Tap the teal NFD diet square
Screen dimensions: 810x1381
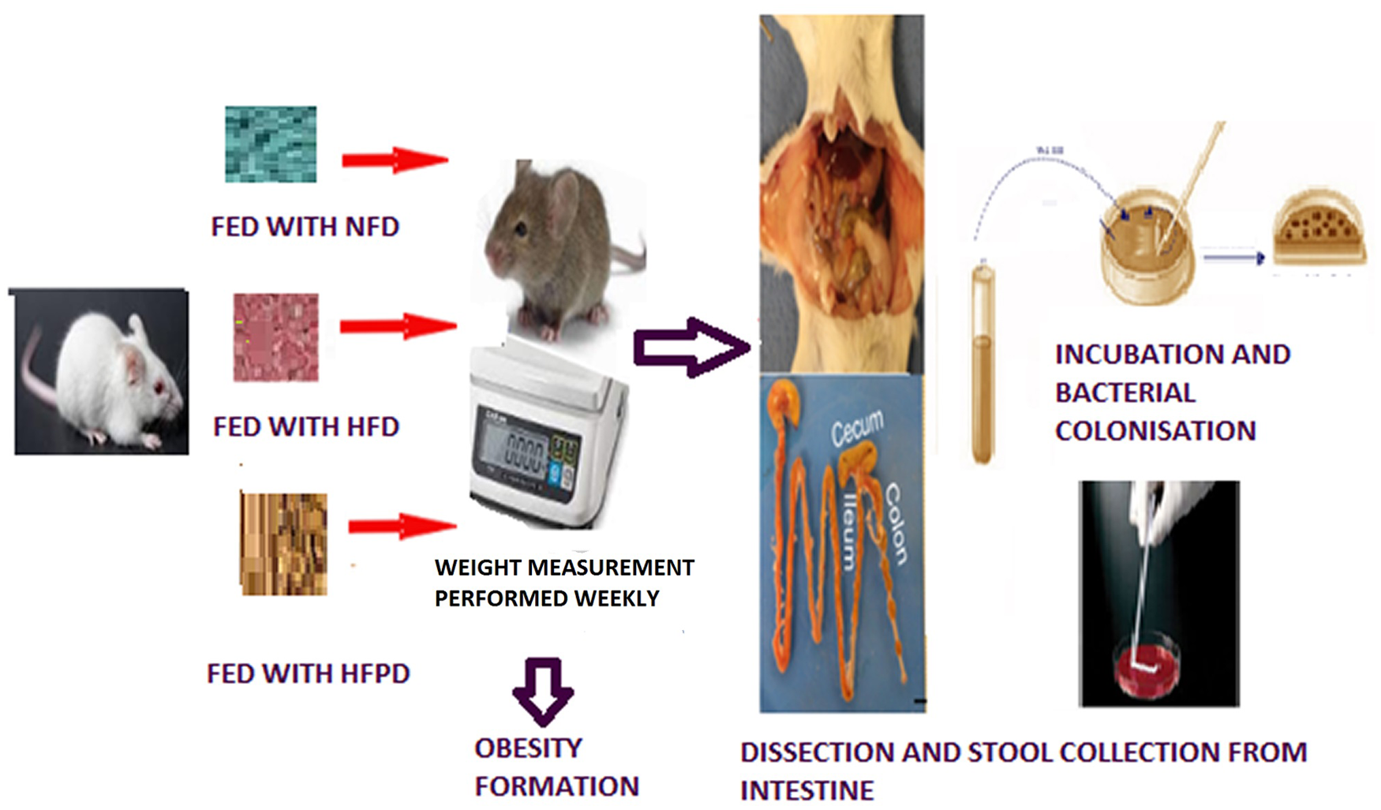(x=271, y=144)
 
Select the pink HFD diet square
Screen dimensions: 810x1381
(x=275, y=337)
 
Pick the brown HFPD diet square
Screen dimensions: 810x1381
(x=283, y=543)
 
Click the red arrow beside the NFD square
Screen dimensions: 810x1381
(x=395, y=160)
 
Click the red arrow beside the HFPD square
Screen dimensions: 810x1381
(x=402, y=526)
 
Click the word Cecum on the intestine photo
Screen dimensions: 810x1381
(x=857, y=427)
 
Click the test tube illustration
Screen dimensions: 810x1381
(x=982, y=363)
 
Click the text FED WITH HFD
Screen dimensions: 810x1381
(x=306, y=427)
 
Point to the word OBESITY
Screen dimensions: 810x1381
(x=528, y=748)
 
